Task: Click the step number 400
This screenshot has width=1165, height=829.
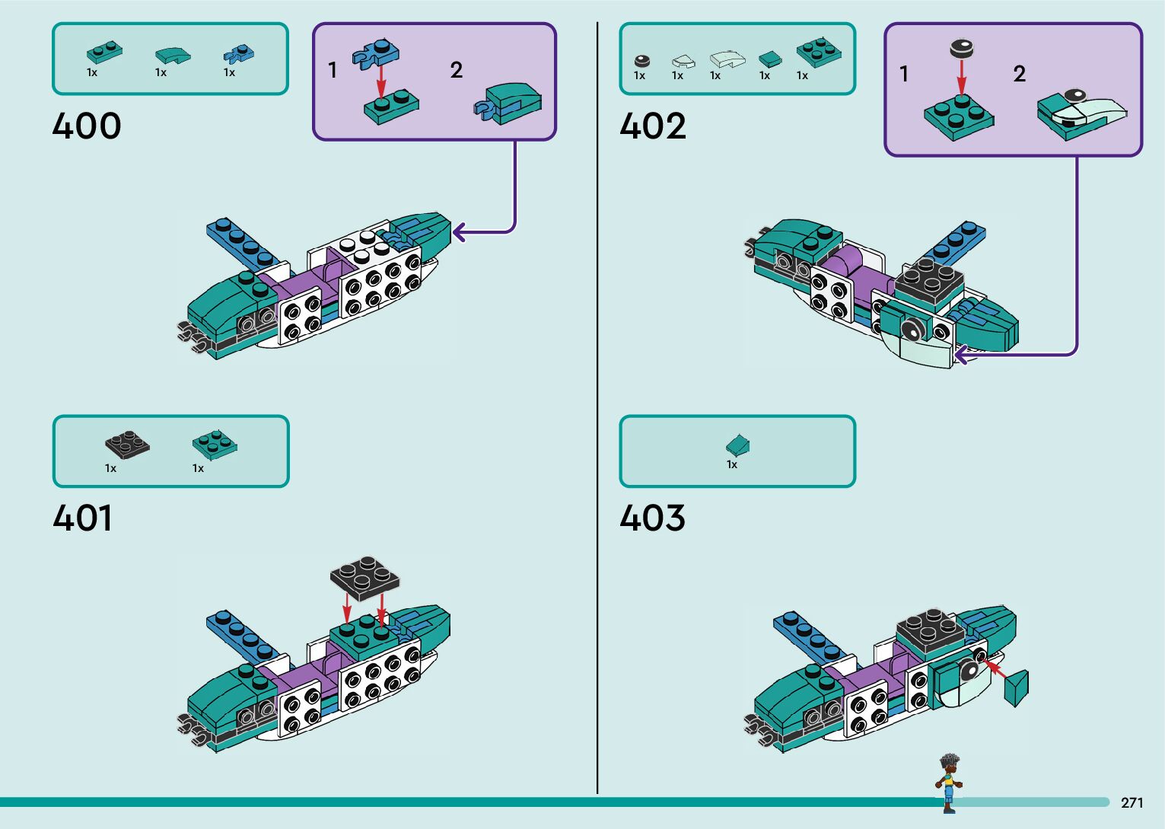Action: [x=87, y=126]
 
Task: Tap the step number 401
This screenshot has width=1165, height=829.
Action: [x=83, y=519]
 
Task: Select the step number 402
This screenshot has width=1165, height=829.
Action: [x=653, y=126]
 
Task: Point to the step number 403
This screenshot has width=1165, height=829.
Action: [x=652, y=519]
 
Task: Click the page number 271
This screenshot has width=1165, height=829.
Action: [x=1132, y=802]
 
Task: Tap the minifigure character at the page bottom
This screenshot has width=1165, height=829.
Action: [x=948, y=783]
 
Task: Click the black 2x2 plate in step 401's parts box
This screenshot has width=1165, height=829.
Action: [x=127, y=445]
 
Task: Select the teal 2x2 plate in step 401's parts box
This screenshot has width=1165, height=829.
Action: [x=215, y=444]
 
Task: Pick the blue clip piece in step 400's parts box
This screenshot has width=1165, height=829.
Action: [x=238, y=54]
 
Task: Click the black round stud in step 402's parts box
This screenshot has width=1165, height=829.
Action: [x=642, y=61]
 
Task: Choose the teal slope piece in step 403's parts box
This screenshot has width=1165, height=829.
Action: [x=737, y=444]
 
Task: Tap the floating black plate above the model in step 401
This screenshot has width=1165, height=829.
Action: [x=364, y=576]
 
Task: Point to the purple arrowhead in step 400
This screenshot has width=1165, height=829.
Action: [x=459, y=231]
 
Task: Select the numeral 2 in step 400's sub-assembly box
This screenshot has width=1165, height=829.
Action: [x=456, y=70]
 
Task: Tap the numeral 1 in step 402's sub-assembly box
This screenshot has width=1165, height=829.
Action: [x=903, y=74]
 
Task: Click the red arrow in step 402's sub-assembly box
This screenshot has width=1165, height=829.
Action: [x=961, y=77]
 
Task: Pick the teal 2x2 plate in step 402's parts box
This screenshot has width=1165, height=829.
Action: [x=819, y=53]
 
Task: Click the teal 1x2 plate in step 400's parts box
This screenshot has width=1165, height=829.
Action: [x=104, y=53]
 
